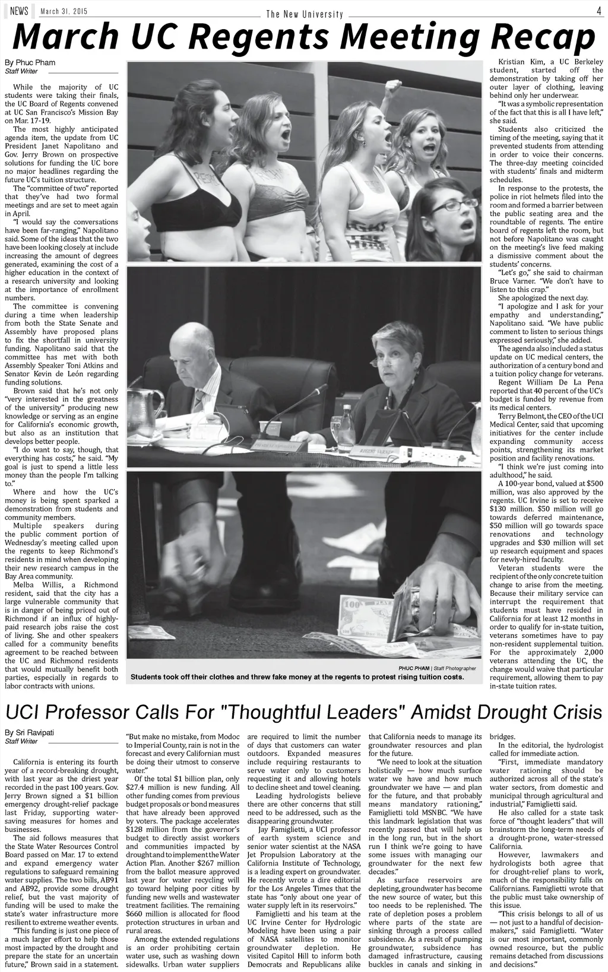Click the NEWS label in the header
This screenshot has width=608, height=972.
point(19,11)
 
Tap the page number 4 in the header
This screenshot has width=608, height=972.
point(598,10)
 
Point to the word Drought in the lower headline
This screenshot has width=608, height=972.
point(504,711)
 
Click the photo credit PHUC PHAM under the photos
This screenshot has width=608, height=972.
point(414,668)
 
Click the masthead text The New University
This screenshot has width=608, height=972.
point(304,14)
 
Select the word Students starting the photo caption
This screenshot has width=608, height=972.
point(147,677)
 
